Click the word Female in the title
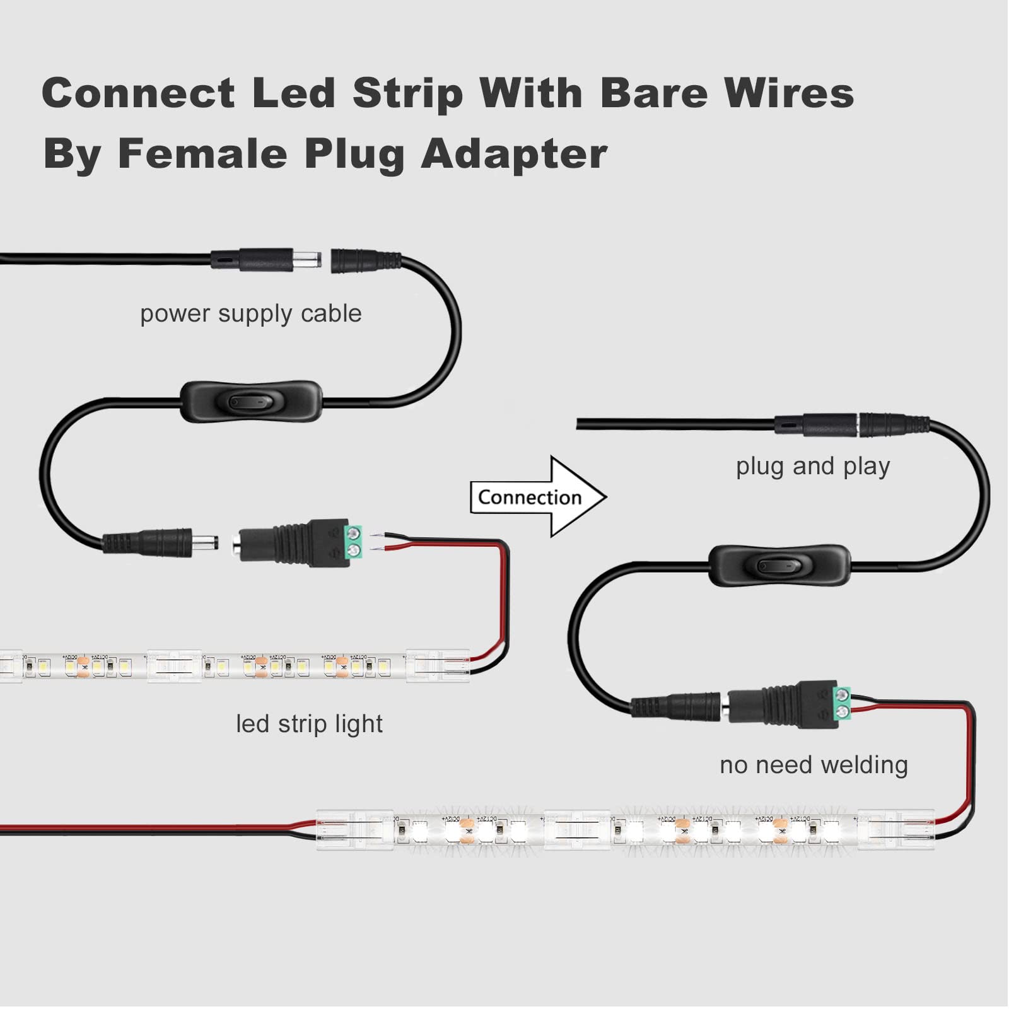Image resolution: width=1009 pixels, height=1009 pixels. (x=202, y=154)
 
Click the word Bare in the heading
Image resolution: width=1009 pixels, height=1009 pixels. (x=654, y=93)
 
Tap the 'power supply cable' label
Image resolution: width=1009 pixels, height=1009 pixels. (x=250, y=313)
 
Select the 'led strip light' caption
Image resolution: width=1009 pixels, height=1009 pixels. (x=309, y=723)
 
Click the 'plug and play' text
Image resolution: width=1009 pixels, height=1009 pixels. (x=812, y=466)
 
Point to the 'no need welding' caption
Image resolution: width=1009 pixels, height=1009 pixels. (x=814, y=764)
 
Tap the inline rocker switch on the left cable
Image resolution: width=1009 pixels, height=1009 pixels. (x=251, y=402)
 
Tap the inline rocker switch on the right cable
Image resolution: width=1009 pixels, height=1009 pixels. (x=779, y=565)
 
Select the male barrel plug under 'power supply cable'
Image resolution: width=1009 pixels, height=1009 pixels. (x=265, y=259)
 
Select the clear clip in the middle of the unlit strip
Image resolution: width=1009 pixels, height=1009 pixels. (x=174, y=666)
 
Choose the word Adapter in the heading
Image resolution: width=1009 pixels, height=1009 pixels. (x=514, y=154)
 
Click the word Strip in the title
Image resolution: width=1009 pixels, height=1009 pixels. (x=407, y=93)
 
